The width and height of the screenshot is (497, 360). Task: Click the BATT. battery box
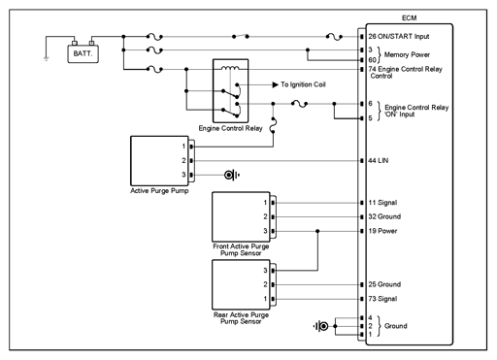point(83,53)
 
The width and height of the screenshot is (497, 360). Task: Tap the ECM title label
point(409,18)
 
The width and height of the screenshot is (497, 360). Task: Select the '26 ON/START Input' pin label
point(399,37)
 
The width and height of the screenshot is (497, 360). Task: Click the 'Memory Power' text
point(407,54)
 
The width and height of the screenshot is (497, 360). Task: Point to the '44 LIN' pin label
point(379,161)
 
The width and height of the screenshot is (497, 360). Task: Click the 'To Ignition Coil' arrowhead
point(276,84)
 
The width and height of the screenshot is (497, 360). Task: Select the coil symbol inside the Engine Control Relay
point(230,68)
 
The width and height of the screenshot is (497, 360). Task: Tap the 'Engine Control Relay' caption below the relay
point(230,128)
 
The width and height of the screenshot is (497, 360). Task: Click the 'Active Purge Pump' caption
point(159,191)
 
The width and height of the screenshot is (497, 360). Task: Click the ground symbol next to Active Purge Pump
point(231,175)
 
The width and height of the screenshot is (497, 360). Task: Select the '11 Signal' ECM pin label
point(382,203)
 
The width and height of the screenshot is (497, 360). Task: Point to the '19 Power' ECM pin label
point(382,231)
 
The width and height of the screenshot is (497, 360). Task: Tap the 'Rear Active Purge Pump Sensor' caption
point(241,318)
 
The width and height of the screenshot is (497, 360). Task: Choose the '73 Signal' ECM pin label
point(382,299)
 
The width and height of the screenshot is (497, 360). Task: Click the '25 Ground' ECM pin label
point(384,284)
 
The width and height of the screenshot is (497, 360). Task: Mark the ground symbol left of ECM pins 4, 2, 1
point(321,326)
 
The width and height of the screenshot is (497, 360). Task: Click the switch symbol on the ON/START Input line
point(241,36)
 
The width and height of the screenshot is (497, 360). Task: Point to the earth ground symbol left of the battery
point(47,59)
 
